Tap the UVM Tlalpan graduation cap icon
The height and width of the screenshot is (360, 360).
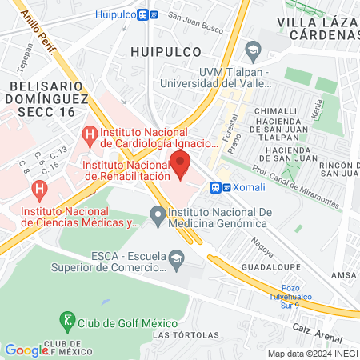click(253, 52)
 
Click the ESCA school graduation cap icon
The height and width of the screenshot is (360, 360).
click(177, 258)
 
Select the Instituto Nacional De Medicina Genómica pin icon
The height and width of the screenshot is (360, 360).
click(158, 214)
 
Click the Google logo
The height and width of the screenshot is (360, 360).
click(26, 350)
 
